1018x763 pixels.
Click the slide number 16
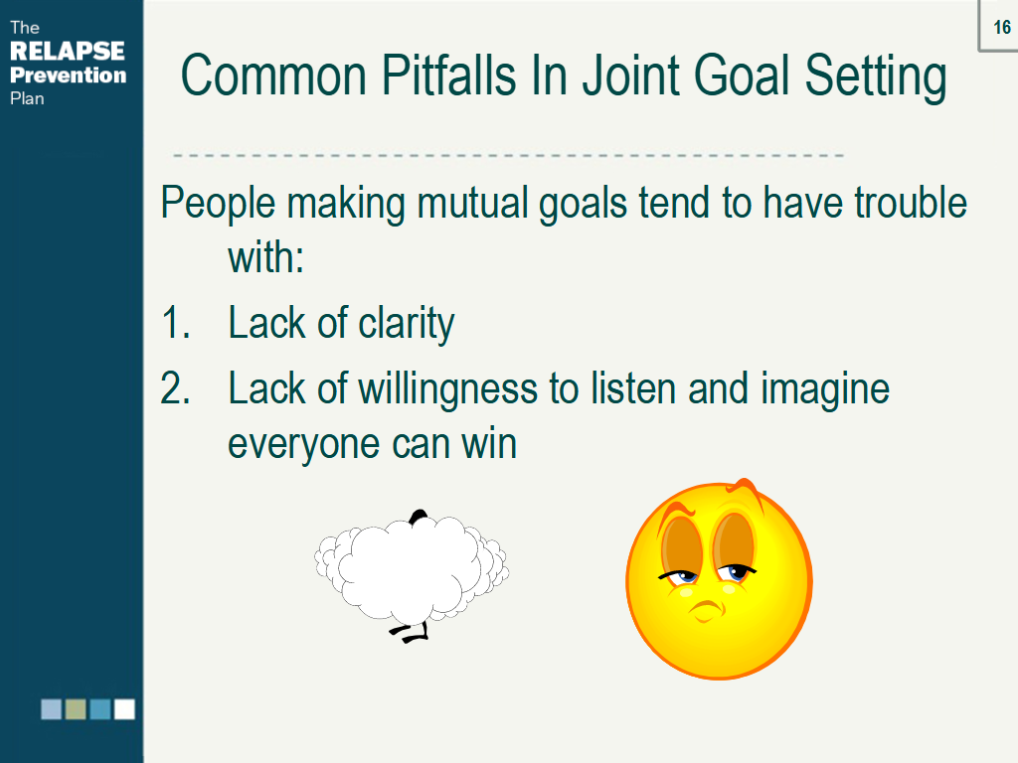[1001, 28]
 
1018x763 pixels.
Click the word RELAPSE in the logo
[67, 52]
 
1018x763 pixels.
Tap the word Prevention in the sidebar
[69, 76]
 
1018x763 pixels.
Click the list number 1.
[174, 324]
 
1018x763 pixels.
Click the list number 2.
[175, 388]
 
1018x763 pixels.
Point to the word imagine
[825, 388]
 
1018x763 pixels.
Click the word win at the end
[488, 443]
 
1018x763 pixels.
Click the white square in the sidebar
[124, 709]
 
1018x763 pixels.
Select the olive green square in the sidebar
[76, 709]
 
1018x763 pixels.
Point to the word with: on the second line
[264, 258]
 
